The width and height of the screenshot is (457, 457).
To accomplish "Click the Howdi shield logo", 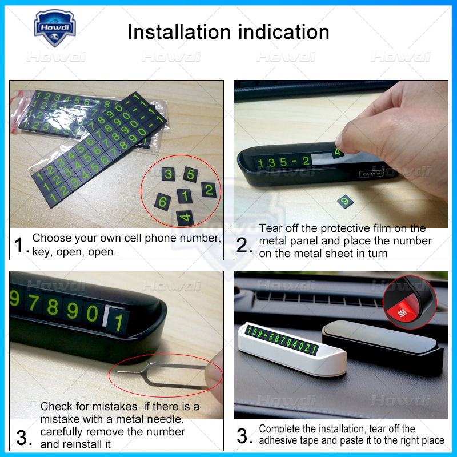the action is click(x=55, y=28).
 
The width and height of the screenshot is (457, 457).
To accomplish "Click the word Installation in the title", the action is click(x=179, y=32).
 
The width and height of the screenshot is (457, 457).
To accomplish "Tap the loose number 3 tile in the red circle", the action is click(x=168, y=174).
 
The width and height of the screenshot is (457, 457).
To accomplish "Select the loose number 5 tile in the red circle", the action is click(x=190, y=174).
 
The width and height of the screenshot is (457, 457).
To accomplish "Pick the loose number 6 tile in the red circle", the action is click(x=163, y=202).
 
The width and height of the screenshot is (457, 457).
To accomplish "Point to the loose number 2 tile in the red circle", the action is click(x=209, y=190).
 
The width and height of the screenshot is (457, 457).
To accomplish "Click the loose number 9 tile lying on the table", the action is click(x=345, y=202).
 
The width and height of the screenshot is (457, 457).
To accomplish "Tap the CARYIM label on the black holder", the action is click(x=371, y=174).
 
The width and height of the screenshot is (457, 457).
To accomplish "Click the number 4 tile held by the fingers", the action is click(x=338, y=152).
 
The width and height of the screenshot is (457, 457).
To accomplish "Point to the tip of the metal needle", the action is click(x=118, y=372).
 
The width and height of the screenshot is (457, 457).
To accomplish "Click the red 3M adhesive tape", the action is click(x=400, y=312).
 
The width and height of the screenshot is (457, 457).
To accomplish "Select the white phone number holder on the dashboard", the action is click(x=292, y=350).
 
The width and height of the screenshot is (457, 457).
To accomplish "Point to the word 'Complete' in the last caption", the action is click(x=279, y=429).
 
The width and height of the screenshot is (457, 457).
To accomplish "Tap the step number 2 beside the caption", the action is click(x=242, y=245).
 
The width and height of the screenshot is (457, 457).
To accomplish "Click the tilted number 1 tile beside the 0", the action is click(x=118, y=322).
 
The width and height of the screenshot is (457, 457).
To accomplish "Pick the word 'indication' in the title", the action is click(x=284, y=32).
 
